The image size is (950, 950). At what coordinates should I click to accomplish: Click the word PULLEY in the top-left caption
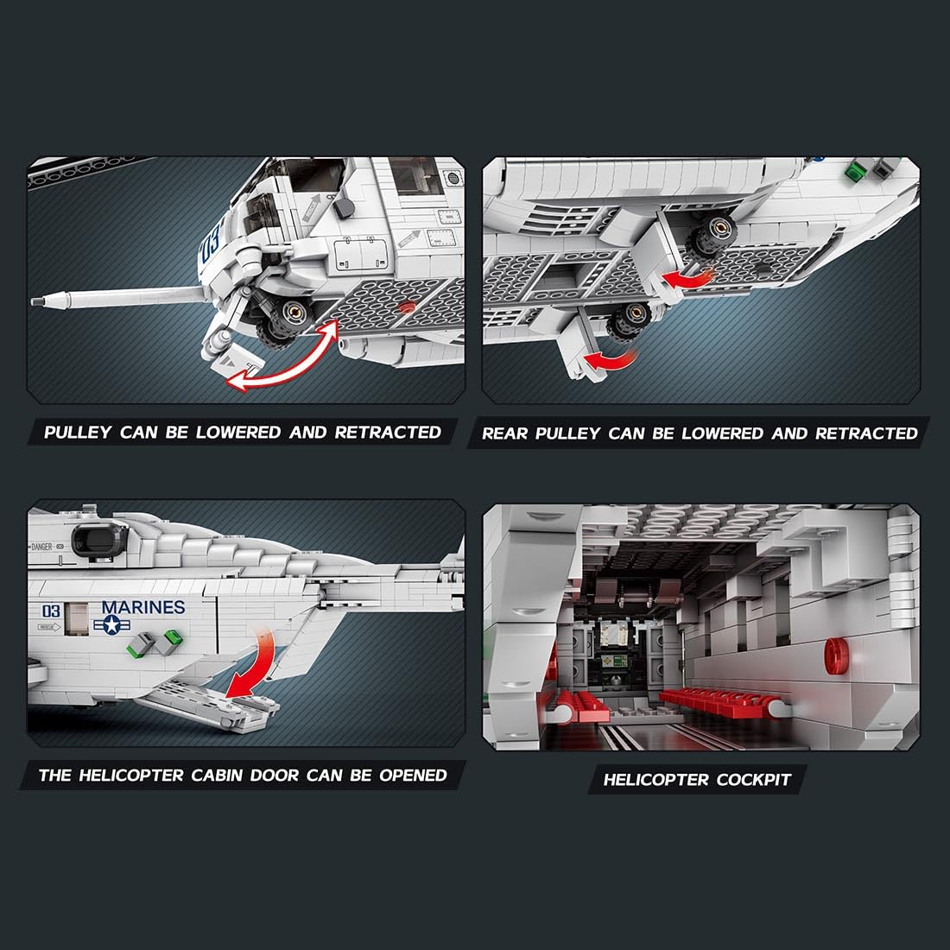pyautogui.click(x=78, y=432)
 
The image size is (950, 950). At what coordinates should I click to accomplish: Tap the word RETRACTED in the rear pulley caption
pyautogui.click(x=866, y=434)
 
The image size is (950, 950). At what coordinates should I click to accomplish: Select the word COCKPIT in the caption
pyautogui.click(x=754, y=779)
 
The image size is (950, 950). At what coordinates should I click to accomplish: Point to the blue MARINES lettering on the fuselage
pyautogui.click(x=143, y=607)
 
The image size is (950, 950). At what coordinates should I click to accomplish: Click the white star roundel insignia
pyautogui.click(x=112, y=624)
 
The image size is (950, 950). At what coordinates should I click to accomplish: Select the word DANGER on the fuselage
pyautogui.click(x=41, y=547)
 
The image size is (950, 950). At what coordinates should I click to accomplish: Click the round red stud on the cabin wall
pyautogui.click(x=837, y=655)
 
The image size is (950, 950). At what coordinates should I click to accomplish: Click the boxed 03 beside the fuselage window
pyautogui.click(x=51, y=610)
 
